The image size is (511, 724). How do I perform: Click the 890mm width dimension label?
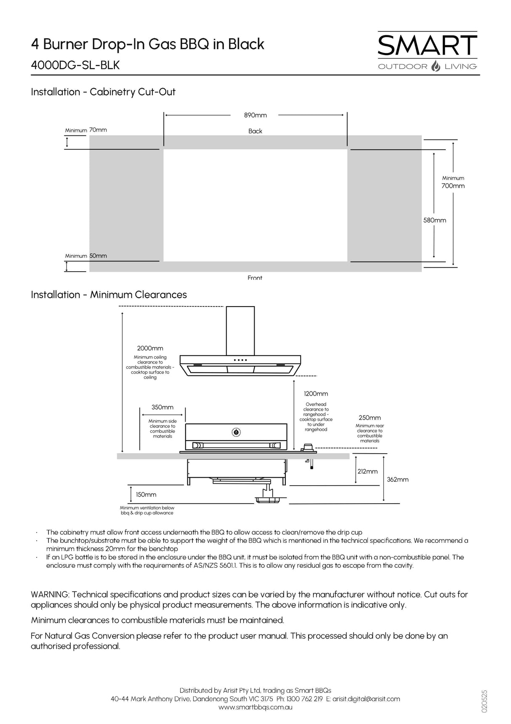click(x=255, y=115)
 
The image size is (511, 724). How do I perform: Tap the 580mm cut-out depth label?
click(x=434, y=220)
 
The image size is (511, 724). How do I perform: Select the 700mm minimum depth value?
click(x=453, y=186)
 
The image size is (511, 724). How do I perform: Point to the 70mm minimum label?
click(x=98, y=130)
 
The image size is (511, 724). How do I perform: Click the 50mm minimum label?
click(x=98, y=256)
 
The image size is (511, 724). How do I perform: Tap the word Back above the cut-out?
click(x=255, y=131)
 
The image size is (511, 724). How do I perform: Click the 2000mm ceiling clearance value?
click(x=150, y=348)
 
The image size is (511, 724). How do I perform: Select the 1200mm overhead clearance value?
click(x=316, y=394)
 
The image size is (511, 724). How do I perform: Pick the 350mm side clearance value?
click(x=162, y=407)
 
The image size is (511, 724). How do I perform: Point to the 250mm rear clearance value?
click(x=370, y=418)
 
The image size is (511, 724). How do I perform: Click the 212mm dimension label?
click(x=367, y=472)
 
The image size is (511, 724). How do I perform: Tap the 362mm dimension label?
click(x=398, y=480)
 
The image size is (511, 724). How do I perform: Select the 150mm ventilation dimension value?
click(x=146, y=495)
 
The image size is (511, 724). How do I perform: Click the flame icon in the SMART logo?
click(x=436, y=66)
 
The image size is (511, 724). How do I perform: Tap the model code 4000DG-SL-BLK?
click(x=75, y=66)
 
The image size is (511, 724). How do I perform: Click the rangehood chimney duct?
click(x=240, y=330)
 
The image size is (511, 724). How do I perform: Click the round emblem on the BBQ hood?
click(x=236, y=431)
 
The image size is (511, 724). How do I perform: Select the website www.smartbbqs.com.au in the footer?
click(x=255, y=707)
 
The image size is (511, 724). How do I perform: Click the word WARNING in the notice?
click(x=50, y=595)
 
